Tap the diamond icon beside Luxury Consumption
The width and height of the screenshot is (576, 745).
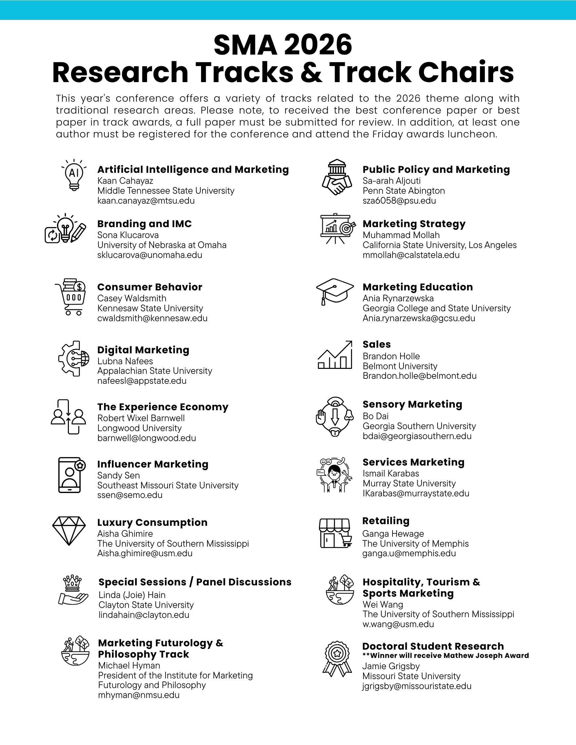69,530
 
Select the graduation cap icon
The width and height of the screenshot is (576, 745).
335,291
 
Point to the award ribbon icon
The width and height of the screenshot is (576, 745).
337,658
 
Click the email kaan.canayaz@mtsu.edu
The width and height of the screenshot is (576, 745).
146,201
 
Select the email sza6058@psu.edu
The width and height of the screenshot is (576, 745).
399,201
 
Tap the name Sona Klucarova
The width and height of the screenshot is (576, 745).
128,235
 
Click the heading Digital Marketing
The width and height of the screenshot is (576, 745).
143,350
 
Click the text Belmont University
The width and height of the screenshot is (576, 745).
400,366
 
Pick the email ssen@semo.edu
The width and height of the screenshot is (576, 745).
130,495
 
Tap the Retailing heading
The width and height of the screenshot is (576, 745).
386,521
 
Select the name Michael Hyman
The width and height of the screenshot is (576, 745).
129,665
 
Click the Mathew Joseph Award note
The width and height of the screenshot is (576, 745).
445,655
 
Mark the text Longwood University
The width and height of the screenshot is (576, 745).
139,428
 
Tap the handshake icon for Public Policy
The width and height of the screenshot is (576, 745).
337,177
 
